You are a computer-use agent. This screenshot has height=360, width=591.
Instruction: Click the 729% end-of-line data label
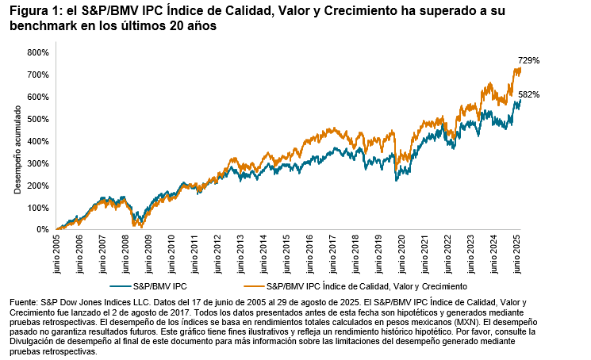tap(530, 60)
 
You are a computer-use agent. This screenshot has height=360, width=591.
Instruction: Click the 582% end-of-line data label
tap(530, 95)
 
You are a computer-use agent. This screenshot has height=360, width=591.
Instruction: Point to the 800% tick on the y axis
tap(38, 52)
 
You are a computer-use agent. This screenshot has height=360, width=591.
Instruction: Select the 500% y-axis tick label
tap(38, 119)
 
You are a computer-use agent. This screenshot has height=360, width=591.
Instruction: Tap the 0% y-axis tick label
tap(43, 230)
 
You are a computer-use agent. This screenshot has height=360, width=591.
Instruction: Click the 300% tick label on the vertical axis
tap(38, 163)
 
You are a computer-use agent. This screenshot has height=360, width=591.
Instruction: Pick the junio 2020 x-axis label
tap(405, 252)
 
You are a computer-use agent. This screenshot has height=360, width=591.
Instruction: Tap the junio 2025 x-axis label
tap(520, 252)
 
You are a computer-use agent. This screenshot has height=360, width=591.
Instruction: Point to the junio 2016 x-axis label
tap(312, 252)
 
